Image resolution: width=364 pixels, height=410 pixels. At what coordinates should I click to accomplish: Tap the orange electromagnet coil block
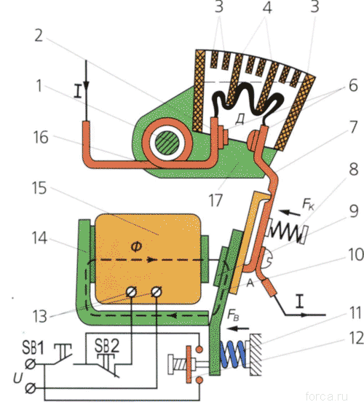[148, 259]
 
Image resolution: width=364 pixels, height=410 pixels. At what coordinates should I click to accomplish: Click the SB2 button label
[106, 345]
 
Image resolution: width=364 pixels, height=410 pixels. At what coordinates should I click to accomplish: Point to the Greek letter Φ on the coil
[136, 246]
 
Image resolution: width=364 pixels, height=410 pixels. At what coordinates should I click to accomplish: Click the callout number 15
[39, 188]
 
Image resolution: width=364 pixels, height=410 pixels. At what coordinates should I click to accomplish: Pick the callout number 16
[41, 138]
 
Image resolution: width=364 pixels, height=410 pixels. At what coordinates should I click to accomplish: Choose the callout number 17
[215, 200]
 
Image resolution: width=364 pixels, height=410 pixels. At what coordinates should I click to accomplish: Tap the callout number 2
[39, 35]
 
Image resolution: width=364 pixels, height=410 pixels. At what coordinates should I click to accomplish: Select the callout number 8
[353, 169]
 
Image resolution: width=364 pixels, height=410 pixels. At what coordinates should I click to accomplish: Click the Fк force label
[308, 204]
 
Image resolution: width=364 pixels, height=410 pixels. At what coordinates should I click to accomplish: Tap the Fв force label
[233, 315]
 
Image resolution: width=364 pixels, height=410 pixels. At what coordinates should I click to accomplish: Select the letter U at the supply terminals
[17, 378]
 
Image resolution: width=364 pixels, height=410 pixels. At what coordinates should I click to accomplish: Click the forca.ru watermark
[326, 396]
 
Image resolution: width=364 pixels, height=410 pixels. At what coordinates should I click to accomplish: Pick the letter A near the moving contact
[250, 283]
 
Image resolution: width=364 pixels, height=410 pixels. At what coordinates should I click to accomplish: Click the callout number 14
[39, 238]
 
